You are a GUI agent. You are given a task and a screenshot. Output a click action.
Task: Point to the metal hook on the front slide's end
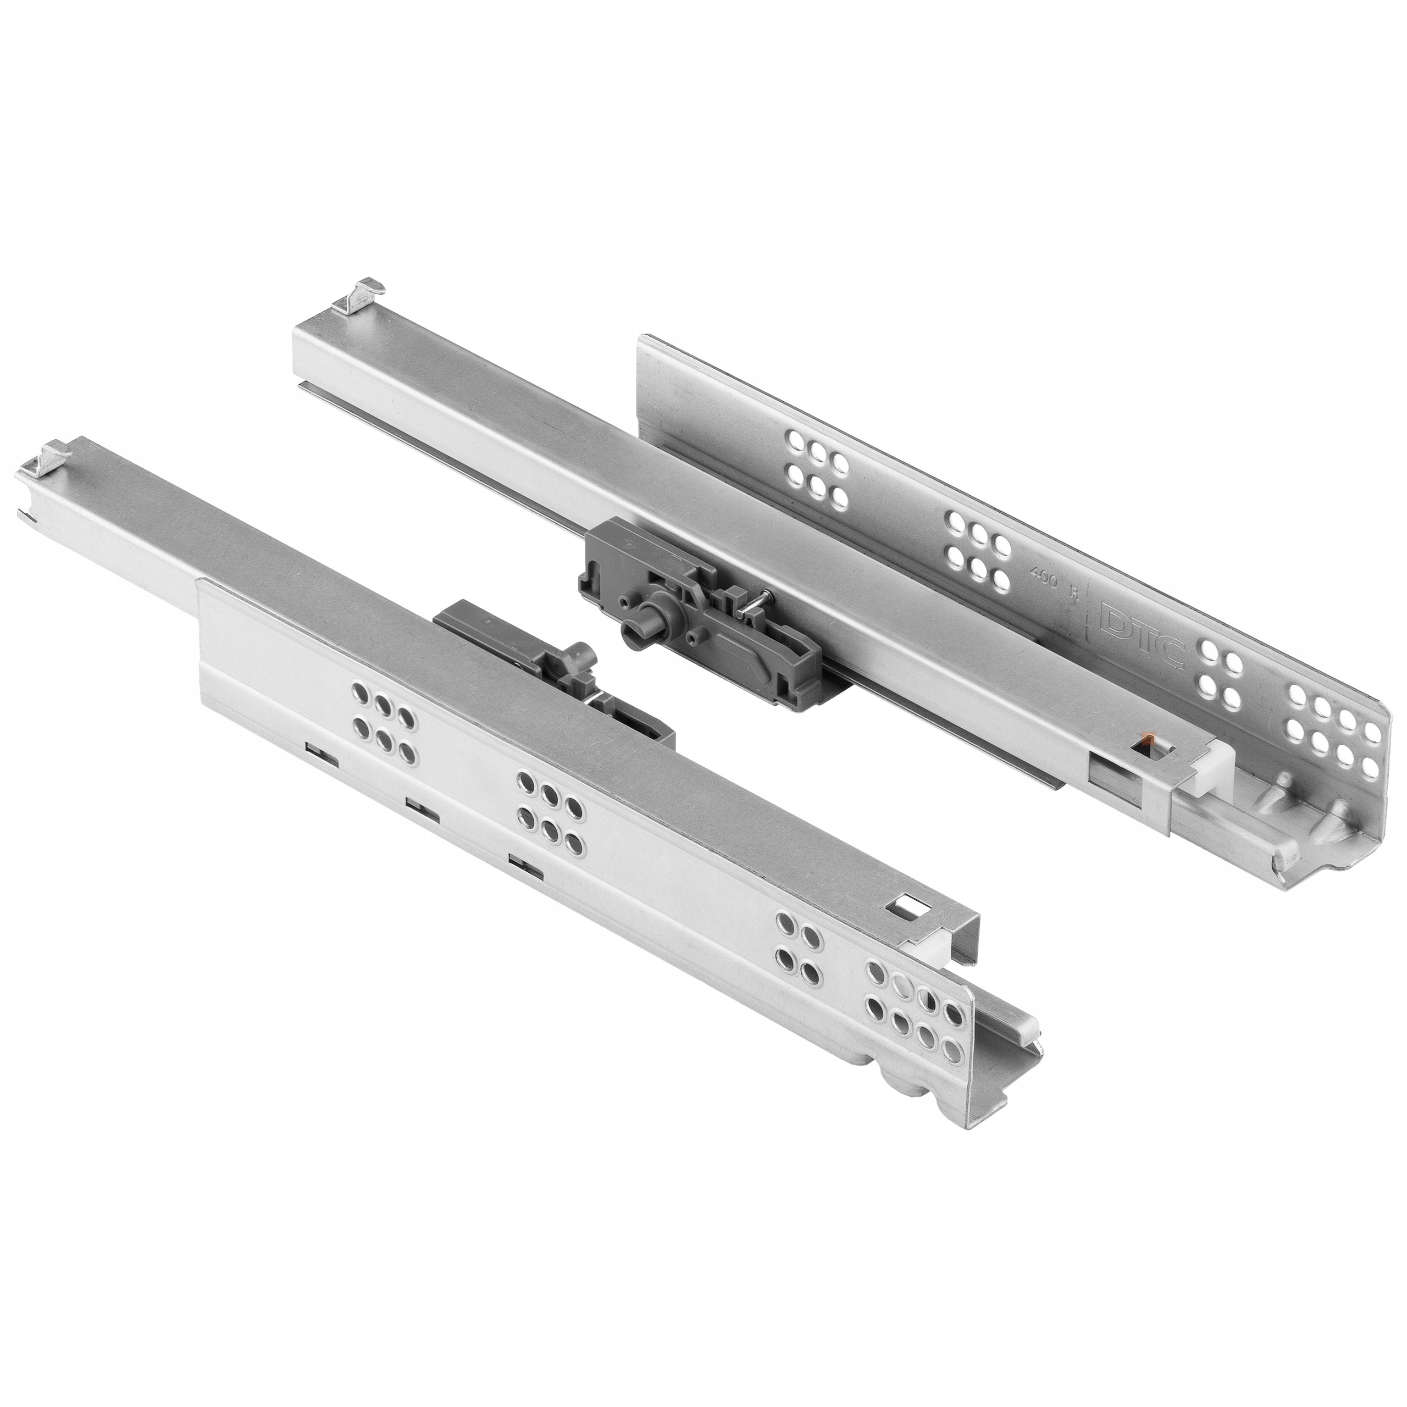pyautogui.click(x=45, y=457)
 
